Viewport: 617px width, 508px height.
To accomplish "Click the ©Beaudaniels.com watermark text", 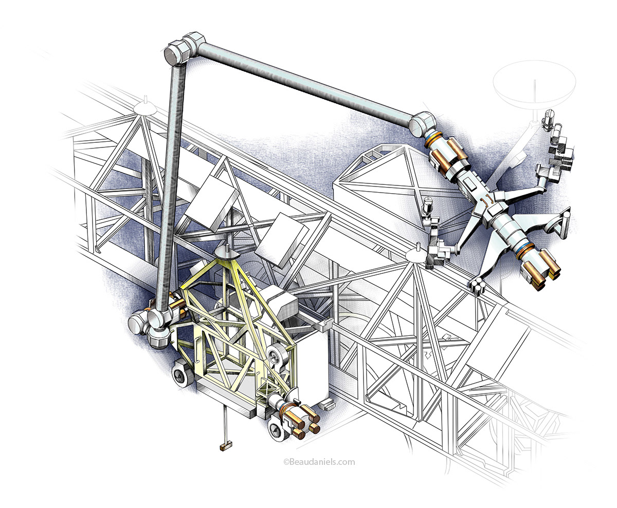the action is pos(319,462).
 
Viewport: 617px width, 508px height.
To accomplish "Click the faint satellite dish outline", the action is pos(534,82).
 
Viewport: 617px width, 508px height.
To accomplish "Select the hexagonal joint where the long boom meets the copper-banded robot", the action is pos(423,124).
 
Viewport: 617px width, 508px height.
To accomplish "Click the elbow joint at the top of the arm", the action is pos(185,49).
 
